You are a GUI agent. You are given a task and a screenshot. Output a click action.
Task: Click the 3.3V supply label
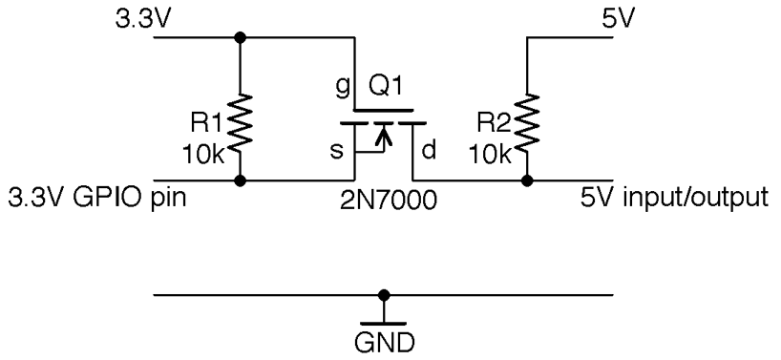tap(136, 18)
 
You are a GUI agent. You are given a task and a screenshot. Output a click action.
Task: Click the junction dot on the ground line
tap(384, 295)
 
